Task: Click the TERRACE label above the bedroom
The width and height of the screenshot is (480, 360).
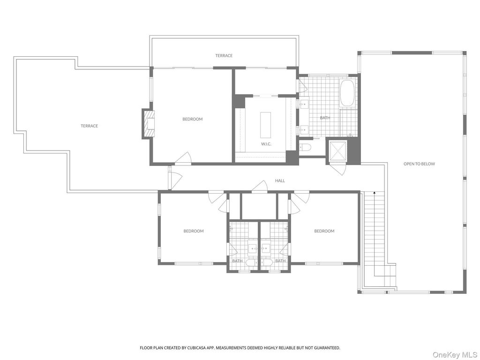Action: (x=224, y=56)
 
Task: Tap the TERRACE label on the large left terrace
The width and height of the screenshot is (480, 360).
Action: (x=90, y=126)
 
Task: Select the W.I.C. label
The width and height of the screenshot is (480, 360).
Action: (x=266, y=144)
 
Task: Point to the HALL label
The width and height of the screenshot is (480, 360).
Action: (x=280, y=180)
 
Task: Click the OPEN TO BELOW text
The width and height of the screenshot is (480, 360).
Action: (x=419, y=164)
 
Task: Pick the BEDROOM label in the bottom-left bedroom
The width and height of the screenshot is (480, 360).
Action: (x=194, y=231)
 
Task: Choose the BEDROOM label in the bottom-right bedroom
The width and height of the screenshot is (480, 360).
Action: (x=324, y=231)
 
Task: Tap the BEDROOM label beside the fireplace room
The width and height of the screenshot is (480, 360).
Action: (x=193, y=119)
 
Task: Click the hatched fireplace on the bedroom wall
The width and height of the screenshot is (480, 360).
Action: (x=149, y=124)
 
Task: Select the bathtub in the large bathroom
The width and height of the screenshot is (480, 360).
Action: (x=347, y=93)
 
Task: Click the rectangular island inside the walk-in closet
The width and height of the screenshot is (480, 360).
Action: (x=265, y=125)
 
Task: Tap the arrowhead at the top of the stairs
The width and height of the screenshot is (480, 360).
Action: (x=374, y=193)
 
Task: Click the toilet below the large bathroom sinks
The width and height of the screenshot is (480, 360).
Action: (x=305, y=148)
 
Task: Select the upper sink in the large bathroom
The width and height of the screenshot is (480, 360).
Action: (x=304, y=104)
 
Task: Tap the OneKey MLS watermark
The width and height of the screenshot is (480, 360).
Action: (x=455, y=354)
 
